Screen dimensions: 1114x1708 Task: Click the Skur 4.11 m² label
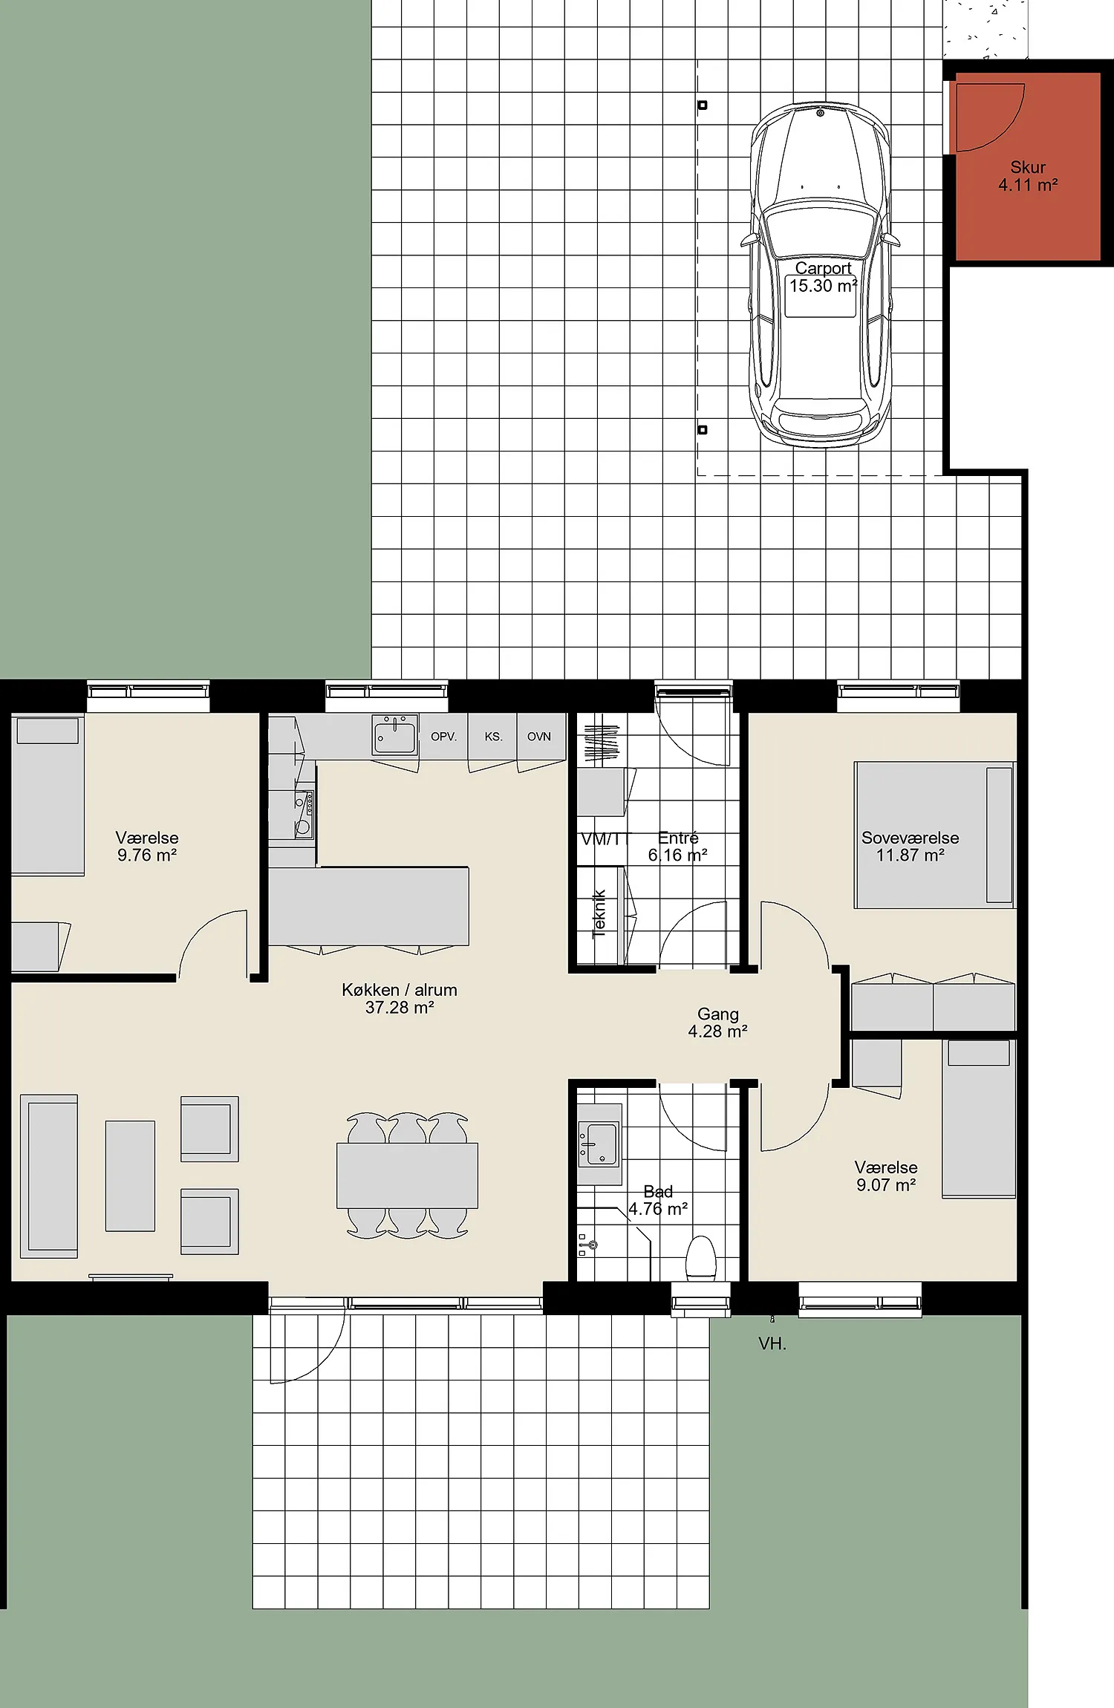[1028, 177]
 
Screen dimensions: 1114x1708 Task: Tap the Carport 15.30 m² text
[823, 277]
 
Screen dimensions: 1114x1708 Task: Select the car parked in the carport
[820, 275]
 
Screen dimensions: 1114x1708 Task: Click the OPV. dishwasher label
[443, 737]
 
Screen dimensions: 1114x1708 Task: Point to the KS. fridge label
[493, 737]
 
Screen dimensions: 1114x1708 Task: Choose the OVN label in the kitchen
[539, 737]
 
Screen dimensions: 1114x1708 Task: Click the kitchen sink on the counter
[395, 734]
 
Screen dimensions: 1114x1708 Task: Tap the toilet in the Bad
[700, 1257]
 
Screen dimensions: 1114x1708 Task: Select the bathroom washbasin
[599, 1144]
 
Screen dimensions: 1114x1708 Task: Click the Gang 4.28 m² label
[717, 1023]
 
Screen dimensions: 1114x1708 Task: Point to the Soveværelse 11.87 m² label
[910, 847]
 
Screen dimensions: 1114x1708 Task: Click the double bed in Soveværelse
[934, 835]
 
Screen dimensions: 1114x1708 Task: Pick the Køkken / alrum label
[400, 999]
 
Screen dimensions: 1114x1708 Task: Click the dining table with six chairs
[407, 1176]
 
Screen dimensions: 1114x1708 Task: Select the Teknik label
[599, 913]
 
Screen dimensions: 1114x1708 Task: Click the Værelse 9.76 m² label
[147, 847]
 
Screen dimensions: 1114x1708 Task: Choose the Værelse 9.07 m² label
[886, 1176]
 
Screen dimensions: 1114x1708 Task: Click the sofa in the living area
[49, 1176]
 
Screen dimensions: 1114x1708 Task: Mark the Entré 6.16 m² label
[677, 847]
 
